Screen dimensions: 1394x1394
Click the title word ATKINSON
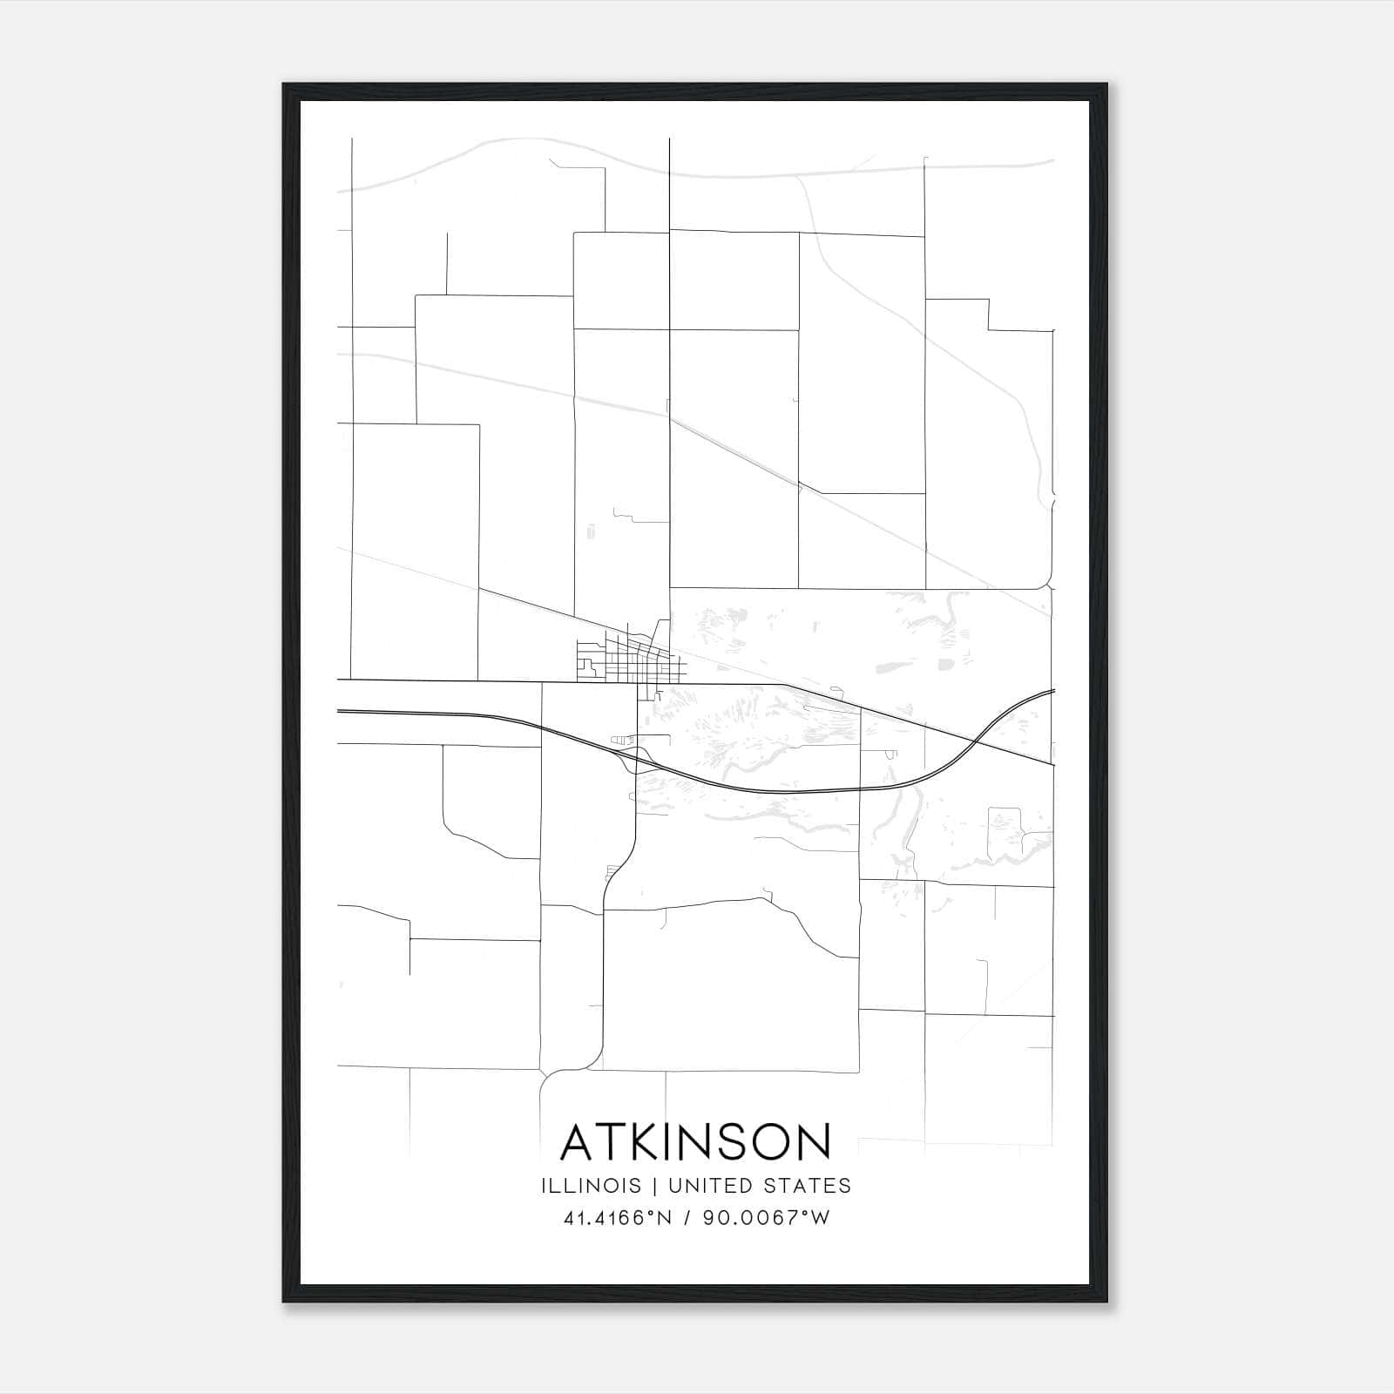click(x=695, y=1142)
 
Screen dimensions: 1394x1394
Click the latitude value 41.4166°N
click(x=619, y=1218)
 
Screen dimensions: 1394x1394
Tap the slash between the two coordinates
click(x=688, y=1218)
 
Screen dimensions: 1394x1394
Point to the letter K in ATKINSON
click(x=642, y=1142)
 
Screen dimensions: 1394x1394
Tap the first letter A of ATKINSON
click(x=577, y=1142)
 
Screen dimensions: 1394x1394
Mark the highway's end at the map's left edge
click(x=339, y=711)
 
